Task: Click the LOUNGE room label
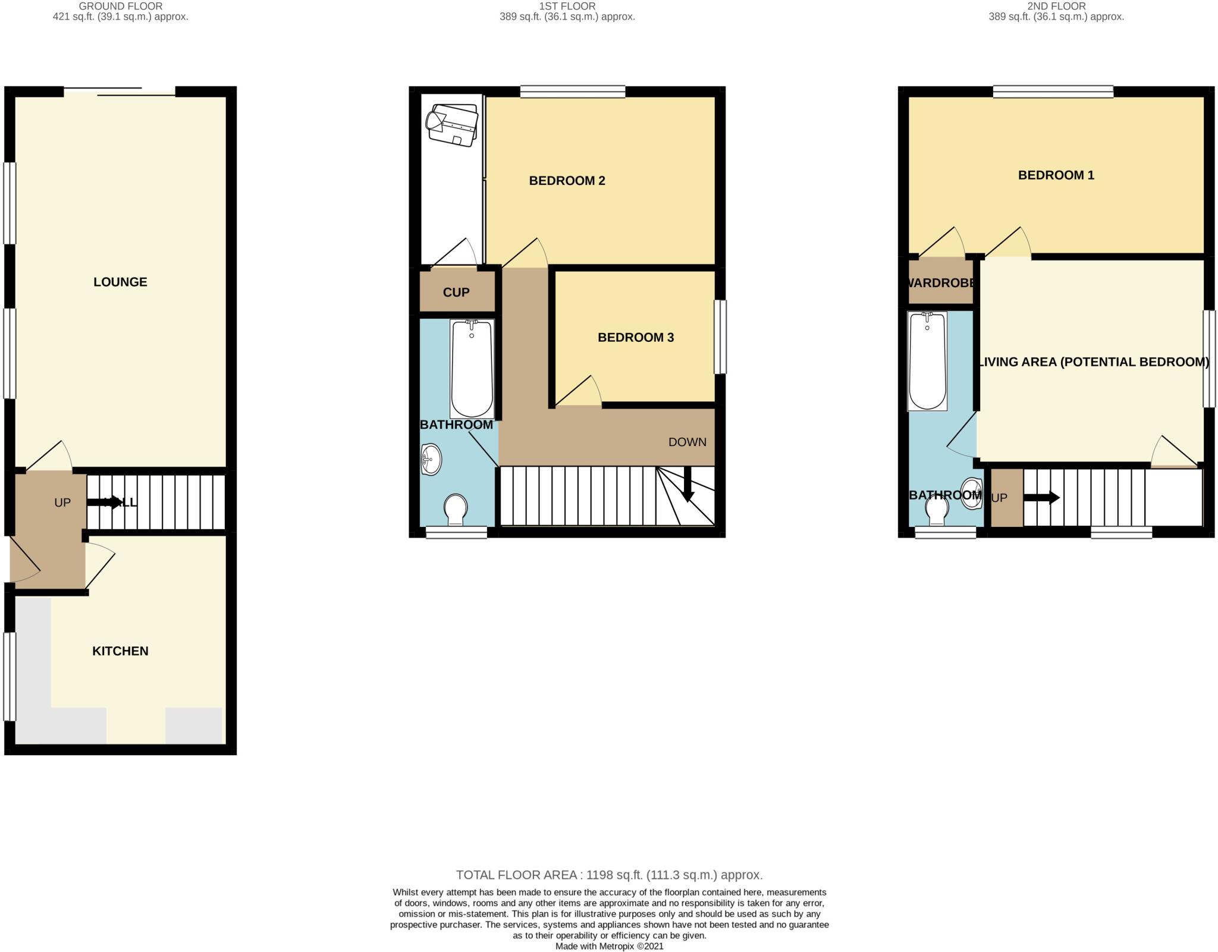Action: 120,282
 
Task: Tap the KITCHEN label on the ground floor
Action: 120,651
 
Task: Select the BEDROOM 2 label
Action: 567,181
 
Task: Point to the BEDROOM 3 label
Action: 635,338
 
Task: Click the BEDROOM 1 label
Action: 1056,175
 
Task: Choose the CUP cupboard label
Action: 456,293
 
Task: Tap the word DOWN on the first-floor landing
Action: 687,442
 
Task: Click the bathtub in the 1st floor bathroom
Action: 472,369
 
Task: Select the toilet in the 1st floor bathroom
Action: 456,509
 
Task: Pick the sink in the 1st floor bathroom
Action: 430,459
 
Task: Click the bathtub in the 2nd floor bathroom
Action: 927,360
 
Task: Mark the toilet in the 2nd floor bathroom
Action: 937,510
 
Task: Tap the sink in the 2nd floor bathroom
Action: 972,494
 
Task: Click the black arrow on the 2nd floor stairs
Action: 1041,498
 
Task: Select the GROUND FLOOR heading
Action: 120,7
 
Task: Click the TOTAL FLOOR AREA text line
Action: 609,875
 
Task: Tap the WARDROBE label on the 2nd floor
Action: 941,283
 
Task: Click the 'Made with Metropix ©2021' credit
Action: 609,946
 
